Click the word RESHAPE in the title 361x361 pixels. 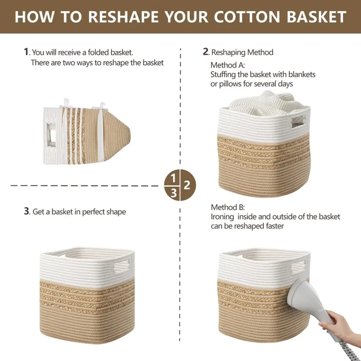(x=123, y=17)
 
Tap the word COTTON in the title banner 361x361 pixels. (x=247, y=17)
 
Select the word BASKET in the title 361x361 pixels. (x=316, y=17)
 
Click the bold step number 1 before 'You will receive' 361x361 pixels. (x=26, y=51)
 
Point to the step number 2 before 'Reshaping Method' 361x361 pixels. (x=206, y=51)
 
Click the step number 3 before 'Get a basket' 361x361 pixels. (x=26, y=211)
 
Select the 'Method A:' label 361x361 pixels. (x=227, y=65)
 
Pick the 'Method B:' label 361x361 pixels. (x=228, y=207)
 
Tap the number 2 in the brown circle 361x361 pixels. (x=187, y=185)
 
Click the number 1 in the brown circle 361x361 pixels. (x=173, y=178)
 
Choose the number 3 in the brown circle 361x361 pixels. (x=174, y=193)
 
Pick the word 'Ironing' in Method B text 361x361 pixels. (x=222, y=217)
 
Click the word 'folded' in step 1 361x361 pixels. (x=98, y=52)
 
